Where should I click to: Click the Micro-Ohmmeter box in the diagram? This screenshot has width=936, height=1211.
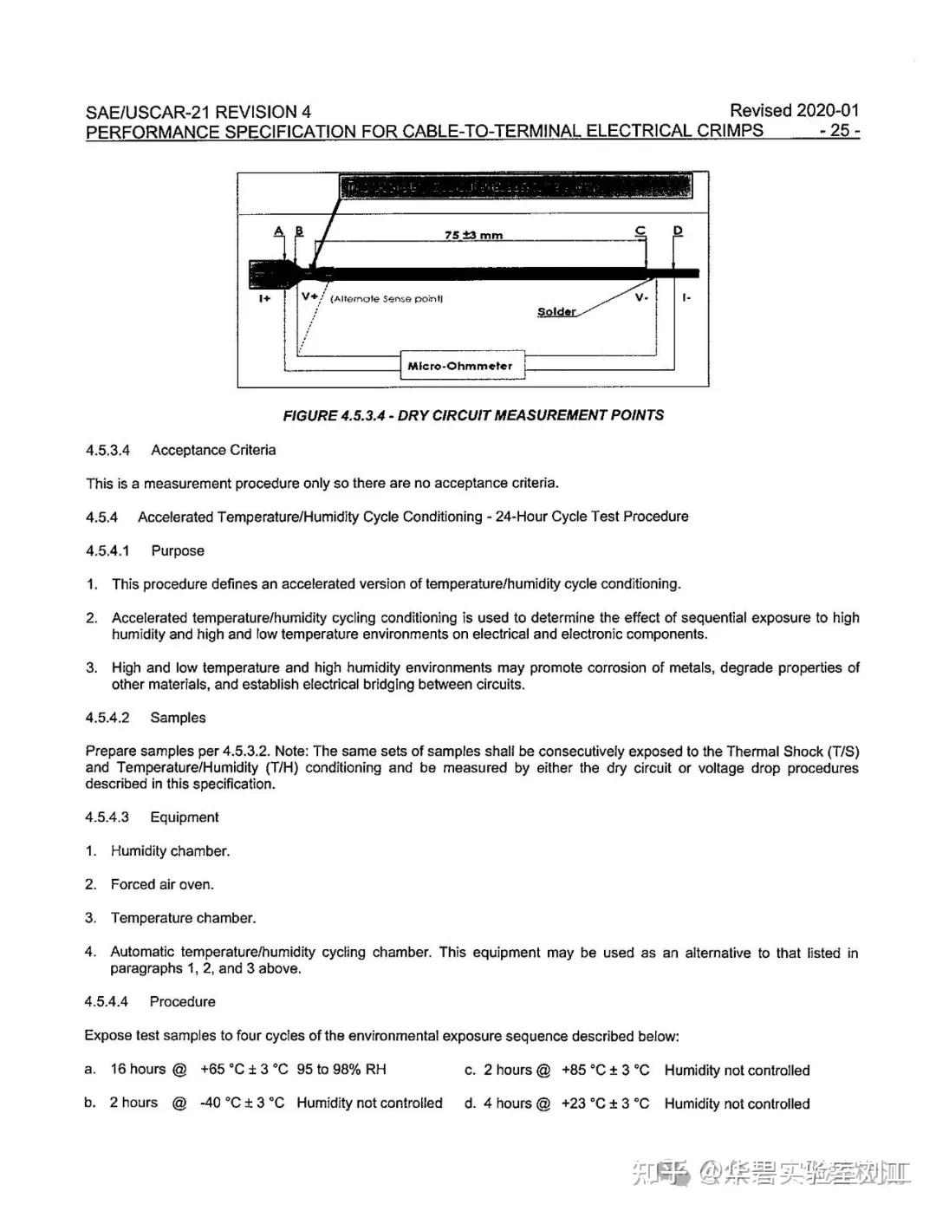pos(461,366)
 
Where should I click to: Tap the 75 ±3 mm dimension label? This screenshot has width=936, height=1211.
pos(473,235)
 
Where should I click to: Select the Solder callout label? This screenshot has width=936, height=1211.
pos(556,312)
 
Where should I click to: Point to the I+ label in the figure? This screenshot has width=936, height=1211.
pos(264,298)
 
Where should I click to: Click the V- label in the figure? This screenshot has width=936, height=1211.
pos(640,297)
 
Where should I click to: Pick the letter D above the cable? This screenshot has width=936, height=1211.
pos(678,231)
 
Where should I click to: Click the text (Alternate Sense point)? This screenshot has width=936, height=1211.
pos(387,299)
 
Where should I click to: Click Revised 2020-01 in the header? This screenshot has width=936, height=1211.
pos(794,110)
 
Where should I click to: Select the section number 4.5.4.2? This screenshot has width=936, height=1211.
pos(107,718)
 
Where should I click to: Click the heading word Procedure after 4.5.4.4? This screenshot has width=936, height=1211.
pos(182,1001)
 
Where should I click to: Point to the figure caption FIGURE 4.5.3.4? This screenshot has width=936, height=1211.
pos(473,415)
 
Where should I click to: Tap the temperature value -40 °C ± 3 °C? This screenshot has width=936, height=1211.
pos(242,1103)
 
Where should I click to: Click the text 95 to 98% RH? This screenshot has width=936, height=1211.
pos(341,1069)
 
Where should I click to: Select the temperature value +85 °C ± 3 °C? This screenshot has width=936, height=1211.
pos(605,1070)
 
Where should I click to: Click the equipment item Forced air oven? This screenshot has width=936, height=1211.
pos(162,884)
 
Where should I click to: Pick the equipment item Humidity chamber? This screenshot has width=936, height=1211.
pos(170,850)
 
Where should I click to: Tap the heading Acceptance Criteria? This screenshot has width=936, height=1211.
pos(213,450)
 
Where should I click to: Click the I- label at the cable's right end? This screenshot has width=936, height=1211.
pos(686,297)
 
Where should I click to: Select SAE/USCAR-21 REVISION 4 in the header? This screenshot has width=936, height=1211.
pos(198,112)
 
